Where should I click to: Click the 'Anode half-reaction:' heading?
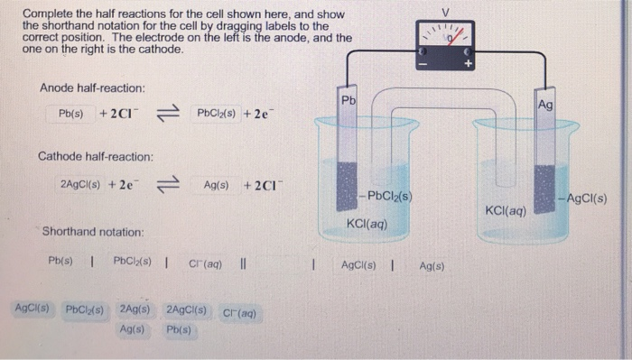click(93, 88)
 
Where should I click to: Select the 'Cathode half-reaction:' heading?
click(96, 156)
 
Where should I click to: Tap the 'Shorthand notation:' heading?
click(93, 232)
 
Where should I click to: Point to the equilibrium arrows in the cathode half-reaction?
click(169, 186)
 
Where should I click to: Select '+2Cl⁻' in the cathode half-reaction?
click(262, 185)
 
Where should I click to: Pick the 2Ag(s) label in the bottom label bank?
click(134, 310)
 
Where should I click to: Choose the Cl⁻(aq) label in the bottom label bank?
click(239, 313)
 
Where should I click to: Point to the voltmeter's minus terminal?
click(419, 65)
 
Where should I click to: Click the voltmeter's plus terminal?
click(469, 65)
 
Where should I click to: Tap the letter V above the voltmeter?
click(444, 13)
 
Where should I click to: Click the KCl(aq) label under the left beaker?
click(367, 223)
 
